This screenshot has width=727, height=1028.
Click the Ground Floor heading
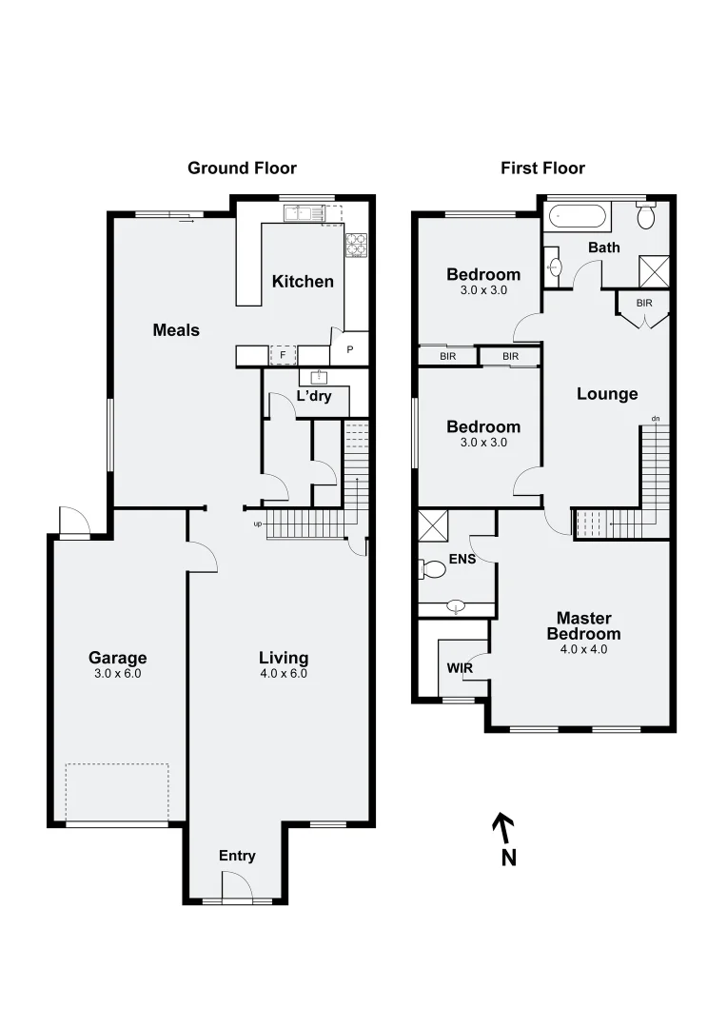(242, 168)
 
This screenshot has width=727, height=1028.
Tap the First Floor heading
(542, 168)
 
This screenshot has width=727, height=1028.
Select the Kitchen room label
(303, 281)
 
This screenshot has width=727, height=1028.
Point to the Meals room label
(176, 330)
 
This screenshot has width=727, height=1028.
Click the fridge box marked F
(281, 356)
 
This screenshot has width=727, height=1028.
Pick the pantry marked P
(349, 350)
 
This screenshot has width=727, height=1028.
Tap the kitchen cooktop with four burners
(356, 245)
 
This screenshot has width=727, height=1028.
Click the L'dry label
(314, 396)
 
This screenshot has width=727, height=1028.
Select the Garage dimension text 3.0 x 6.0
(117, 673)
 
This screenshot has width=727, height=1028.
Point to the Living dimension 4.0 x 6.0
(284, 673)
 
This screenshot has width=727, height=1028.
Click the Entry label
(237, 856)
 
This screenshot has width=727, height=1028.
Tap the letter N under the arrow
(509, 858)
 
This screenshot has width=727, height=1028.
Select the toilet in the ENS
(433, 570)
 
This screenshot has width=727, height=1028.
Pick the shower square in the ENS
(433, 526)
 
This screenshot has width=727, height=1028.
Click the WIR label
(460, 668)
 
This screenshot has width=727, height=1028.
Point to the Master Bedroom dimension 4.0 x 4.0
(583, 649)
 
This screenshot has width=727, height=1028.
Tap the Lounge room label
(607, 394)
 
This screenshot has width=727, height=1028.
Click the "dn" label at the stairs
(655, 418)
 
